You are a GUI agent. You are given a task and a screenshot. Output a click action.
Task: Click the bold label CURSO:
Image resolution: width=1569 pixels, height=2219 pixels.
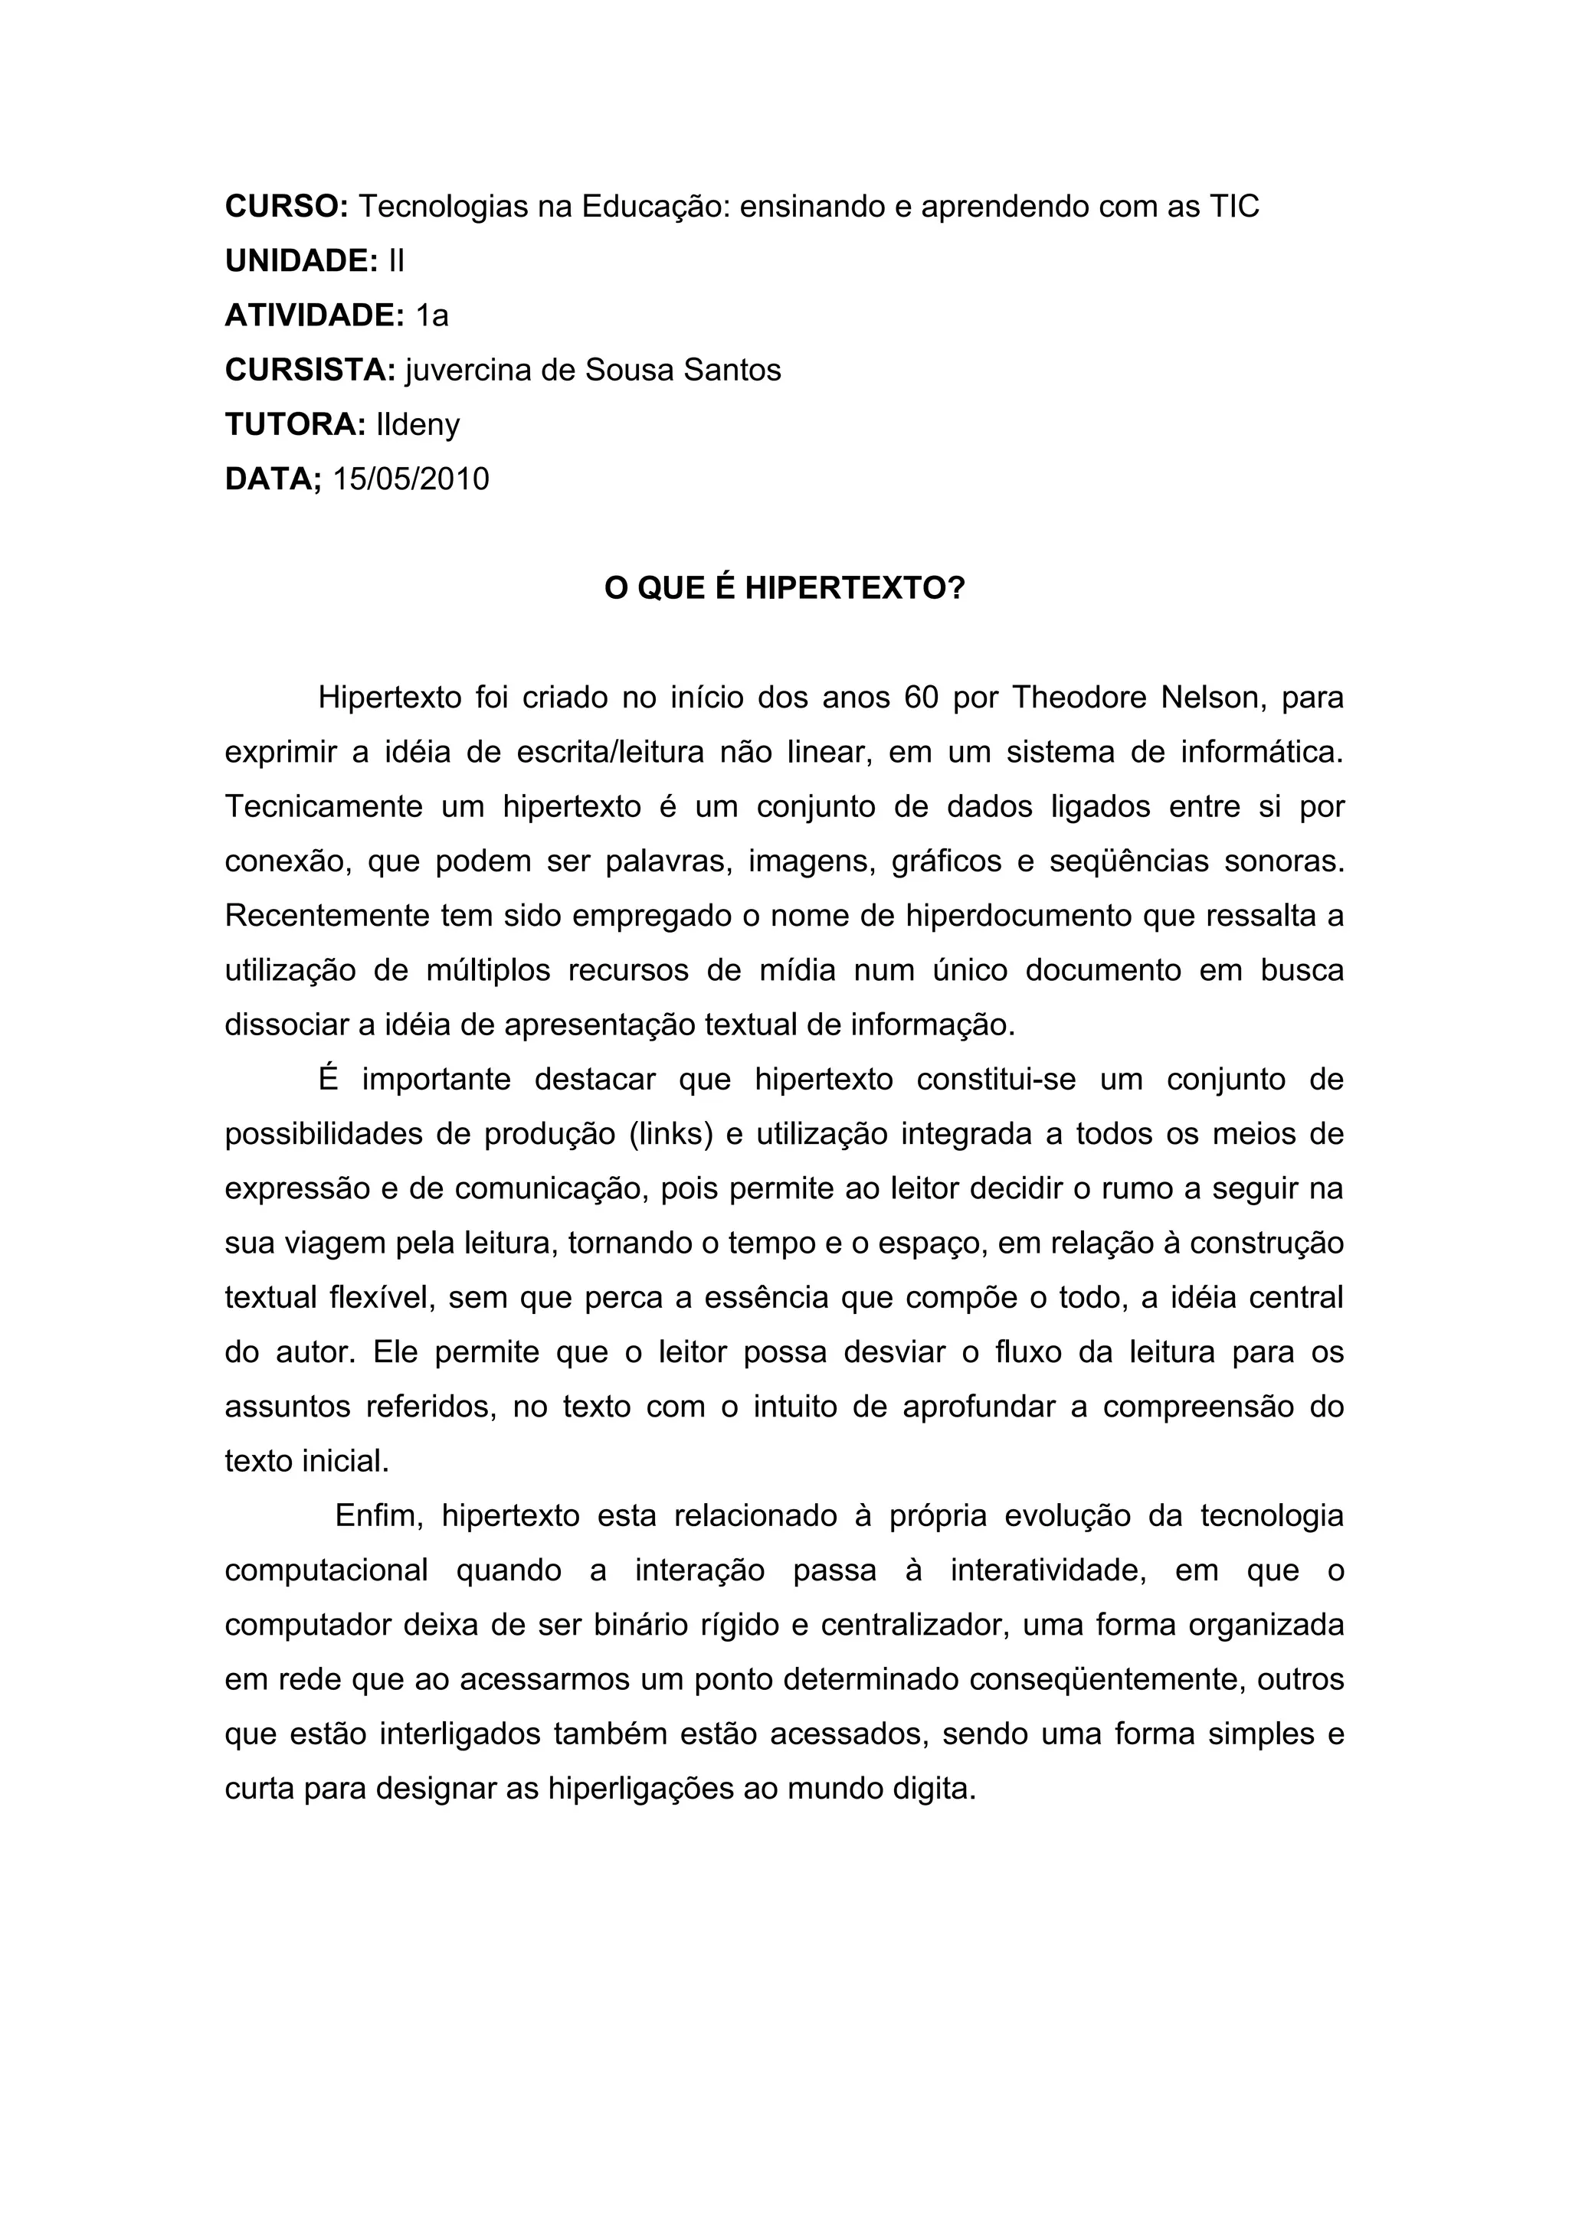[x=287, y=206]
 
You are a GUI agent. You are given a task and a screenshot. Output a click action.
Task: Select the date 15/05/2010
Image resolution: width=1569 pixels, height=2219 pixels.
[x=411, y=479]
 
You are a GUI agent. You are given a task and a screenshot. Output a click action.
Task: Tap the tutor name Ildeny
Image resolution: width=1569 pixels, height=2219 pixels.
[x=418, y=424]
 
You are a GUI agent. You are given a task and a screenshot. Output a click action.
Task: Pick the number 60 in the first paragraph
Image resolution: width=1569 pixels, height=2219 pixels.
[x=922, y=697]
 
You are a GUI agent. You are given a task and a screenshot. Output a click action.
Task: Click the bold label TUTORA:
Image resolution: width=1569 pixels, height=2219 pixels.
[x=295, y=424]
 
